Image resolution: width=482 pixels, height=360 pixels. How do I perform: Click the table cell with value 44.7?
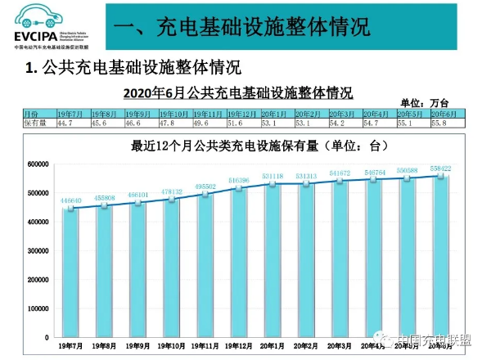[x=71, y=122]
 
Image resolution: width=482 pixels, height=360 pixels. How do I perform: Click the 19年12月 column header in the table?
[x=244, y=113]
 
